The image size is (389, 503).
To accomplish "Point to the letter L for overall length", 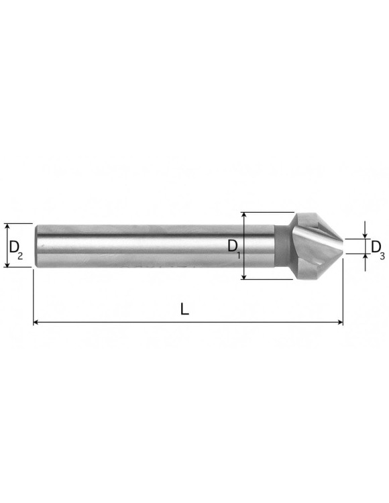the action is pos(184,309).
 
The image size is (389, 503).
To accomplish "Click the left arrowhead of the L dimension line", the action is pos(36,322).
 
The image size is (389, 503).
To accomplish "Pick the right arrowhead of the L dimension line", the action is pos(340,322).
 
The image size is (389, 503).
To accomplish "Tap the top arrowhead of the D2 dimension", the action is pos(7,227).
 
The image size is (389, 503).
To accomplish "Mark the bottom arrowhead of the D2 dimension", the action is pos(7,264).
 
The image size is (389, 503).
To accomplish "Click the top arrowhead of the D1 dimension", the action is pos(244,215).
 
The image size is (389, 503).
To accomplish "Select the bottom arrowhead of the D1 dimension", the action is pos(244,276).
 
